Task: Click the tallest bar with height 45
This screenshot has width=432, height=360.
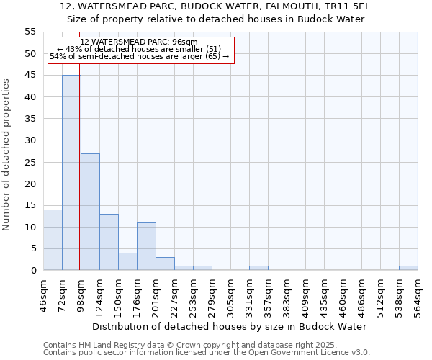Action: [x=71, y=173]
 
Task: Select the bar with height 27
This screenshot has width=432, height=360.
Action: [x=90, y=212]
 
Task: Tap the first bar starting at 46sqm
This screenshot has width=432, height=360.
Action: [x=53, y=240]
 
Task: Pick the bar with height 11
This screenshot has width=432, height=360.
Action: [x=146, y=246]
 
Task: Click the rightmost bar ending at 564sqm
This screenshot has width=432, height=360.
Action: [x=408, y=268]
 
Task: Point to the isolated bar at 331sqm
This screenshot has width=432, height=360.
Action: [x=258, y=268]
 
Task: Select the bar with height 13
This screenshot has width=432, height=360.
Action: [x=109, y=242]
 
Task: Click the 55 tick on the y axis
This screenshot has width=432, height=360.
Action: [x=30, y=32]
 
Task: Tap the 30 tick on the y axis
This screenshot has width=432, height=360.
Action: [x=30, y=140]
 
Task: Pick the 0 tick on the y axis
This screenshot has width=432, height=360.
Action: [x=33, y=271]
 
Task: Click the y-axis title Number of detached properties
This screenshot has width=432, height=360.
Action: [x=7, y=155]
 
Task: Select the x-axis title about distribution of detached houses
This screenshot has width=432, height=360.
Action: [x=230, y=327]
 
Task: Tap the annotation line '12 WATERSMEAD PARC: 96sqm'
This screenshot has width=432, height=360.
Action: [x=139, y=42]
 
